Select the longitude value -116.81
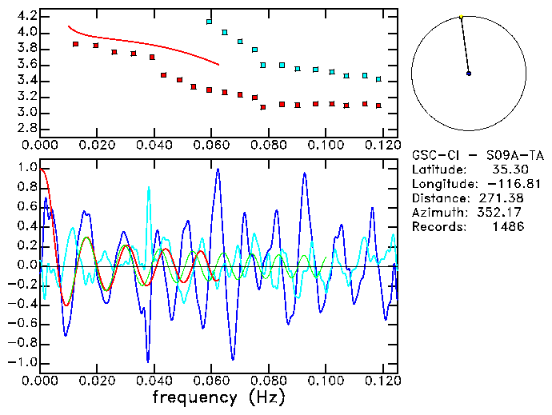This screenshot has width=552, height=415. tap(502, 184)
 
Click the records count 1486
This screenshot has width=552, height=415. tap(509, 227)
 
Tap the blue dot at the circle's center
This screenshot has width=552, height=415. tap(469, 74)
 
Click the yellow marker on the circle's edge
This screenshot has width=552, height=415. tap(461, 16)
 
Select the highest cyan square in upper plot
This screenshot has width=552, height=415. tap(210, 22)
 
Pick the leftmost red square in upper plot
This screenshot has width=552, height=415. tap(76, 44)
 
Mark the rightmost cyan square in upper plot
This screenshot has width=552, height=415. tap(378, 79)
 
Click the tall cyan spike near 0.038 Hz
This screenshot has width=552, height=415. tap(148, 190)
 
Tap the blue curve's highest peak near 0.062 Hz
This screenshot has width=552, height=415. tap(217, 169)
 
